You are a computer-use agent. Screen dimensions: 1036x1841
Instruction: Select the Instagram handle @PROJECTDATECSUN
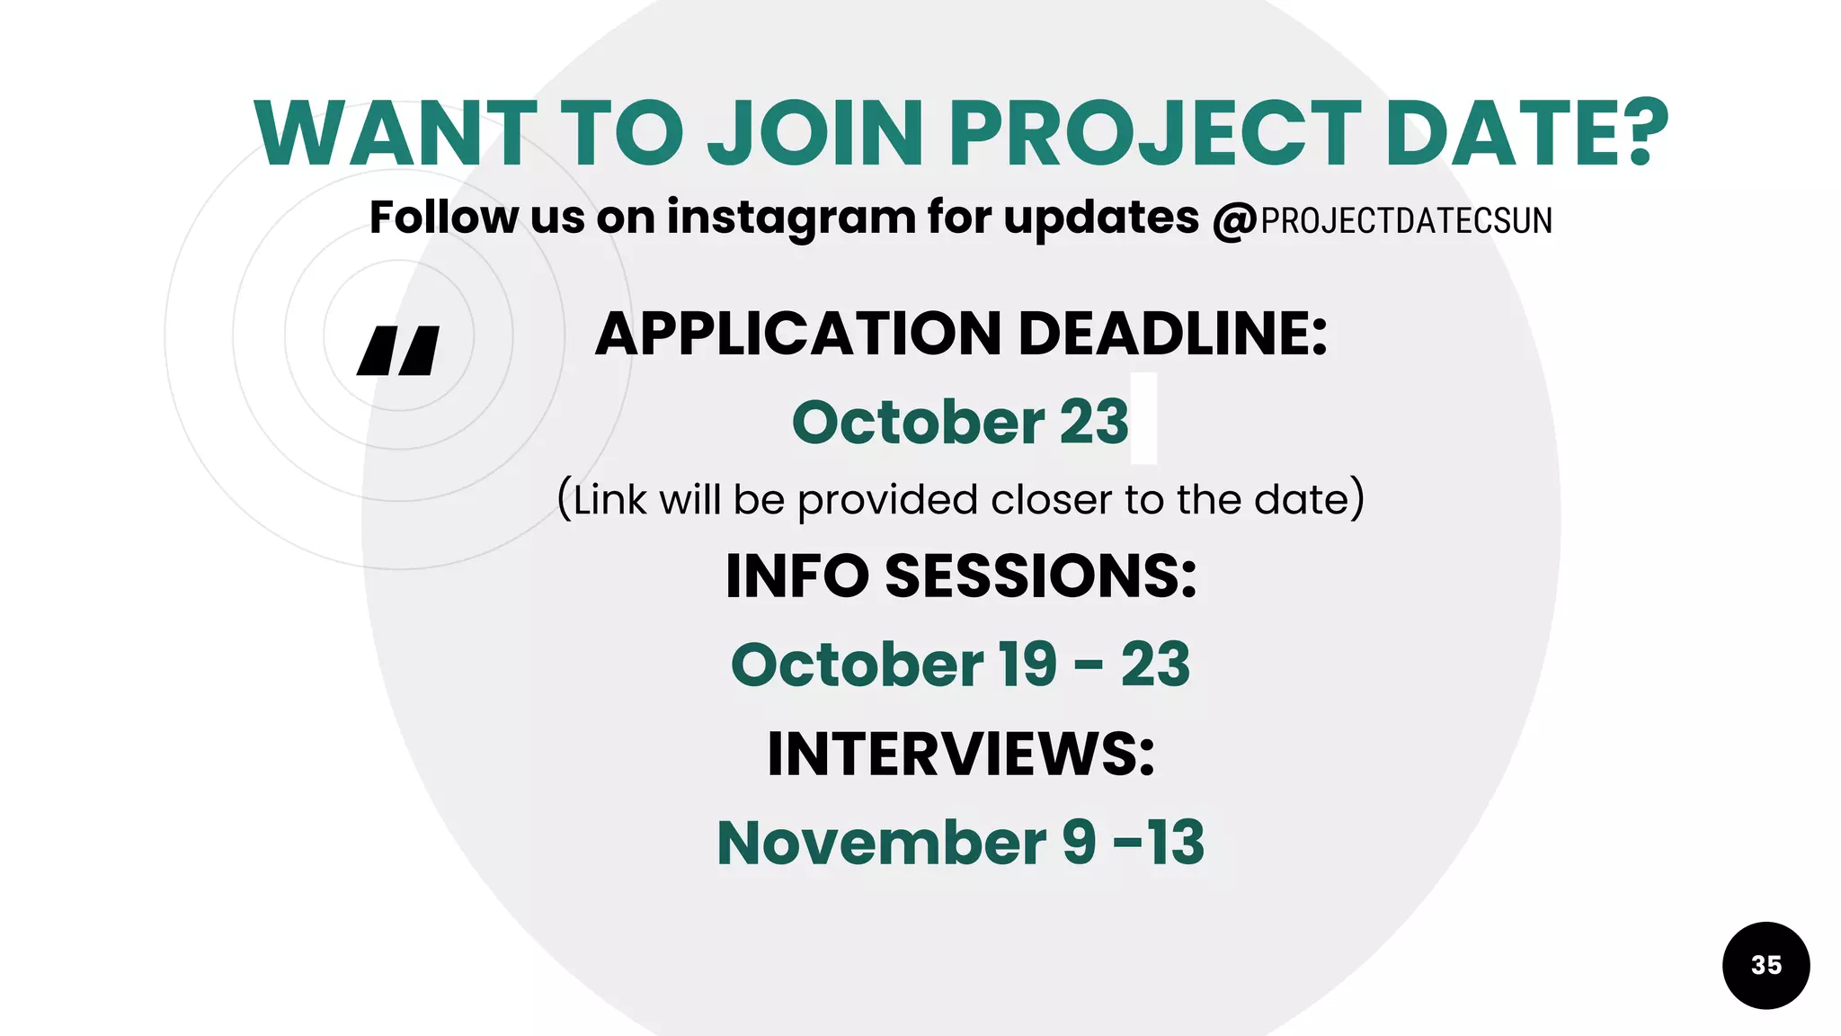[x=1383, y=220]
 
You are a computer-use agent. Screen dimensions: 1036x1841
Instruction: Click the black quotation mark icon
[x=398, y=351]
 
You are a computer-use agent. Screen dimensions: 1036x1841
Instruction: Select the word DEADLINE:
[x=1172, y=334]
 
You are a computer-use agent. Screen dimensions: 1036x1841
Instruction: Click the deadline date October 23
[x=959, y=422]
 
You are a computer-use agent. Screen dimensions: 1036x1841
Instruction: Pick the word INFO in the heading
[x=796, y=576]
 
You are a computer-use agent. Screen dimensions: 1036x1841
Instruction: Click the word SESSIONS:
[x=1041, y=576]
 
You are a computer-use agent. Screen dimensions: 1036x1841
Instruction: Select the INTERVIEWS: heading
[x=960, y=754]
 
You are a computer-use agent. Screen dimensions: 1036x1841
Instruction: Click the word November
[x=881, y=843]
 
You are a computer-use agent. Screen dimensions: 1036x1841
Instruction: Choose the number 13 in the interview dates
[x=1175, y=843]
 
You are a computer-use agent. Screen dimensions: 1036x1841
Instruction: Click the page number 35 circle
[x=1765, y=965]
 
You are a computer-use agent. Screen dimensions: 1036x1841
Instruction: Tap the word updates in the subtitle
[x=1100, y=219]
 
